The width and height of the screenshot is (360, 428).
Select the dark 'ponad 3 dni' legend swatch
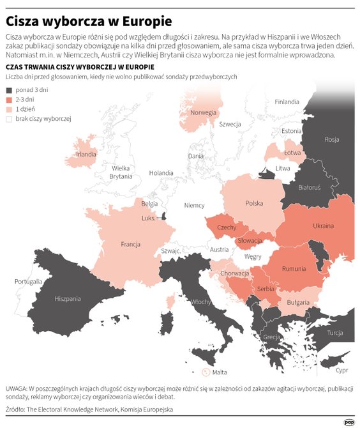pyautogui.click(x=9, y=91)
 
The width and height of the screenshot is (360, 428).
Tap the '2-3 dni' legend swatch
pyautogui.click(x=9, y=100)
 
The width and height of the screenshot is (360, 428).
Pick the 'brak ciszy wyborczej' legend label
pyautogui.click(x=43, y=119)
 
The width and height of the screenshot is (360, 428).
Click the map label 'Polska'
pyautogui.click(x=254, y=203)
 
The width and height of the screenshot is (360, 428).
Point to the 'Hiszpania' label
pyautogui.click(x=68, y=298)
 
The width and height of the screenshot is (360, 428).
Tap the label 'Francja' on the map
pyautogui.click(x=130, y=245)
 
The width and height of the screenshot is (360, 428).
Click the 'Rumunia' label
pyautogui.click(x=294, y=268)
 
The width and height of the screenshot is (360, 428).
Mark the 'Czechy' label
pyautogui.click(x=227, y=227)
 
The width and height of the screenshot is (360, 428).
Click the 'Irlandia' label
pyautogui.click(x=86, y=154)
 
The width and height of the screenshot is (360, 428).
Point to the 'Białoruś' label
pyautogui.click(x=309, y=187)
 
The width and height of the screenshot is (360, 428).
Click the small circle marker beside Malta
pyautogui.click(x=206, y=372)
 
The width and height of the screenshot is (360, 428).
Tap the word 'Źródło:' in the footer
pyautogui.click(x=15, y=409)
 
